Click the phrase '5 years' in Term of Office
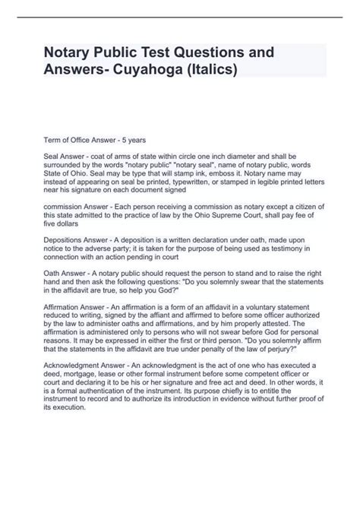tap(135, 141)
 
